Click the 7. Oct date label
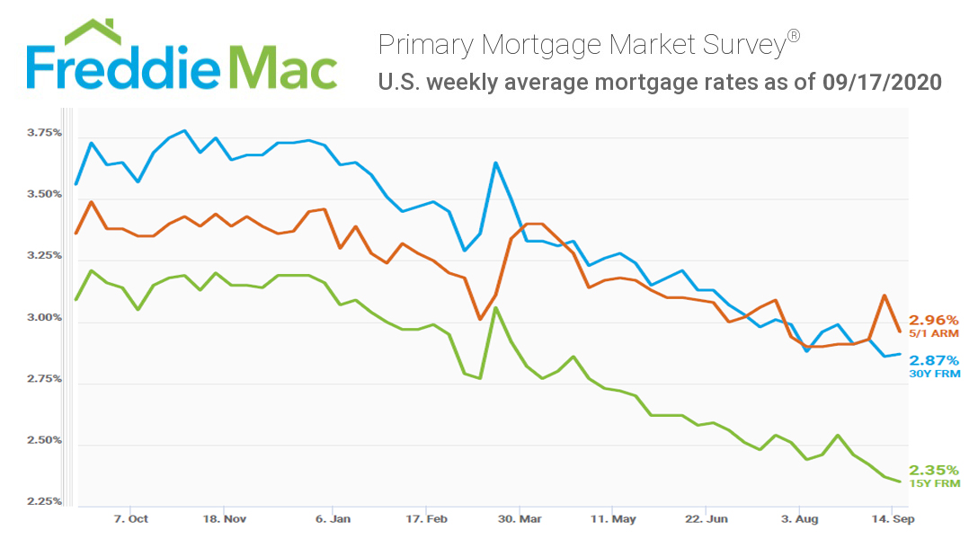(x=131, y=518)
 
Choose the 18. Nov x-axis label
(x=225, y=518)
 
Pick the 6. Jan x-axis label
(x=334, y=518)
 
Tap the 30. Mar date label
(x=520, y=518)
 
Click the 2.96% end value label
(x=934, y=320)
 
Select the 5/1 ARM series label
(x=934, y=333)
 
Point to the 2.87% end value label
(x=934, y=359)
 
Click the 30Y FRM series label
(x=934, y=373)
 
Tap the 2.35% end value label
(x=934, y=470)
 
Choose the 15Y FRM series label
(x=934, y=483)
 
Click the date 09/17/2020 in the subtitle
(x=882, y=83)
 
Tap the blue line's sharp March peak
(x=495, y=163)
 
